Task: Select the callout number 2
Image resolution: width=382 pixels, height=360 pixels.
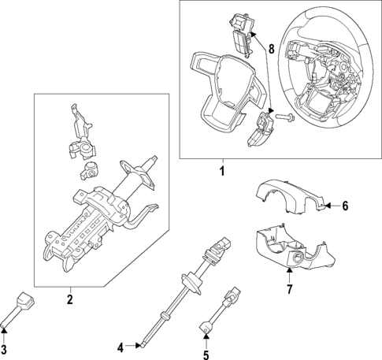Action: [69, 299]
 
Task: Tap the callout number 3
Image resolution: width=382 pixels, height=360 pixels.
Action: [4, 349]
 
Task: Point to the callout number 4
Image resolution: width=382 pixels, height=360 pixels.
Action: [121, 347]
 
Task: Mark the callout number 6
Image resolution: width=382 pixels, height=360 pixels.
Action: [344, 206]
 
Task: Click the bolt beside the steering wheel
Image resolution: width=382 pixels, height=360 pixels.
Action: [284, 118]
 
